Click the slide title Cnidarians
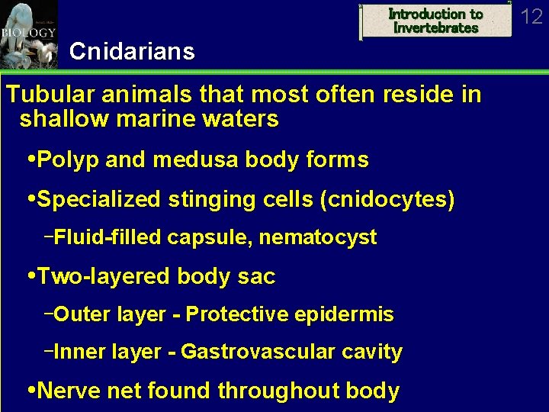point(131,52)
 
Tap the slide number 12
point(531,16)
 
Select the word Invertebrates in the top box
point(435,28)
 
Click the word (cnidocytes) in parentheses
point(387,200)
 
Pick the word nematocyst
point(318,238)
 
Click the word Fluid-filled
point(108,238)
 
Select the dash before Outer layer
point(49,312)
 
